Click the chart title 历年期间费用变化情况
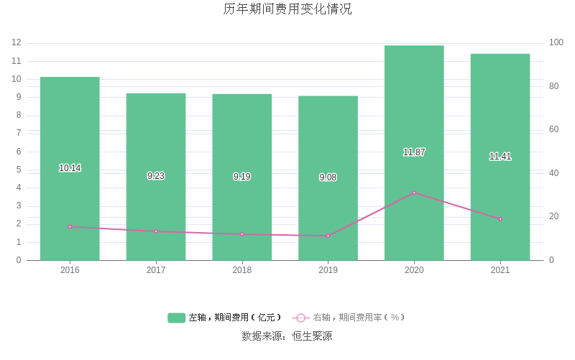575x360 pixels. (x=287, y=9)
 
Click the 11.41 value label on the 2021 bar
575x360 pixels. (x=500, y=157)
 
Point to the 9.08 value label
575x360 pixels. (x=328, y=177)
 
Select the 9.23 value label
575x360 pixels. (x=156, y=176)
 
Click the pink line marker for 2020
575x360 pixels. (x=414, y=193)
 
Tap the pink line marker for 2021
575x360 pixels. (x=500, y=218)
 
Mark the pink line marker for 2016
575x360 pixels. (x=70, y=227)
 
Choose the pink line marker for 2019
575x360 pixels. (x=328, y=236)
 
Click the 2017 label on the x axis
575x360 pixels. (x=156, y=270)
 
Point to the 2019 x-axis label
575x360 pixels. (x=328, y=270)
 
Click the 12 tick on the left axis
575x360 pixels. (x=17, y=43)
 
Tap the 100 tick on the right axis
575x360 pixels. (x=556, y=43)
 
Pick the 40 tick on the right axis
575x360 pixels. (x=553, y=173)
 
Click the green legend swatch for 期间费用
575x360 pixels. (x=177, y=318)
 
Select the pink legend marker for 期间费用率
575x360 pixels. (x=301, y=318)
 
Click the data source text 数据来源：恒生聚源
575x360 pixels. (x=287, y=336)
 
